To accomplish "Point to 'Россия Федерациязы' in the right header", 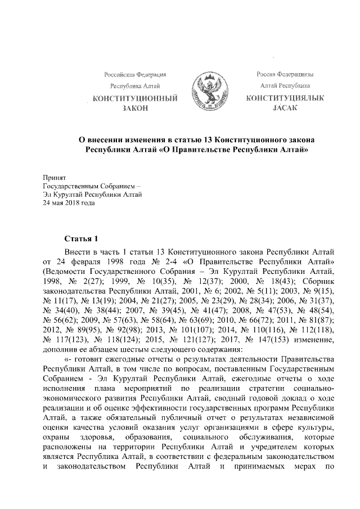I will [285, 74].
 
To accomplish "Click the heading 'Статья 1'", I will [81, 238].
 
